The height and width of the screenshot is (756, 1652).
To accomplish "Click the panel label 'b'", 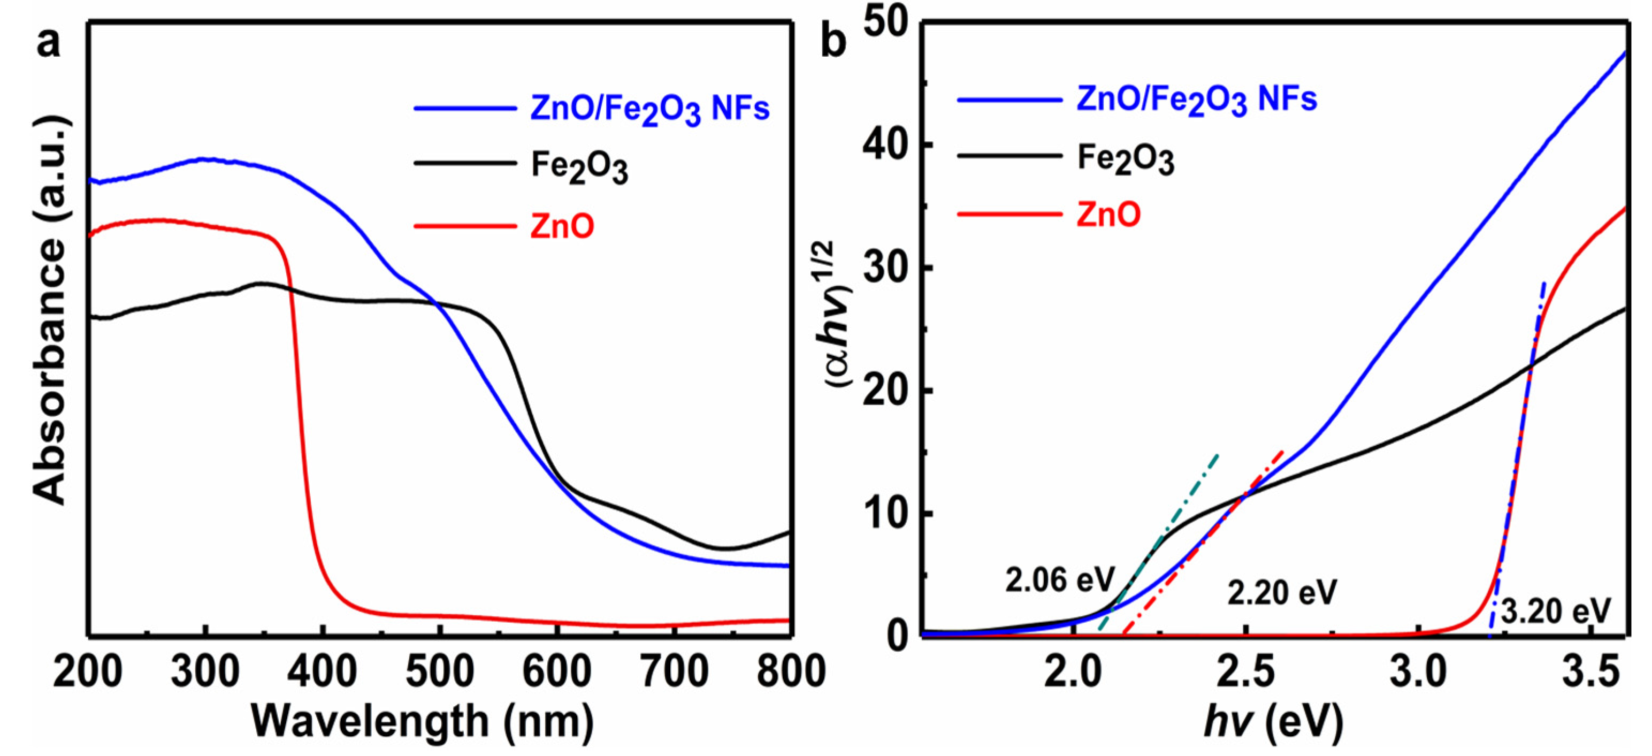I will [x=833, y=42].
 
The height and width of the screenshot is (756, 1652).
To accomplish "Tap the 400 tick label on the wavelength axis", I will [x=323, y=672].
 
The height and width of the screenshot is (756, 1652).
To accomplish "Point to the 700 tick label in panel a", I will [x=674, y=672].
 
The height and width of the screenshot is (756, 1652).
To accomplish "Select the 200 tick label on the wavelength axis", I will [x=88, y=672].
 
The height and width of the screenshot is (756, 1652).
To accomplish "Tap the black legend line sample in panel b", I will [x=1009, y=156].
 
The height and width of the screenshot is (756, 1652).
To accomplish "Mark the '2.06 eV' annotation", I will [x=1060, y=581].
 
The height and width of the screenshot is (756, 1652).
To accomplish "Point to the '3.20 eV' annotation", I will [x=1556, y=612].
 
